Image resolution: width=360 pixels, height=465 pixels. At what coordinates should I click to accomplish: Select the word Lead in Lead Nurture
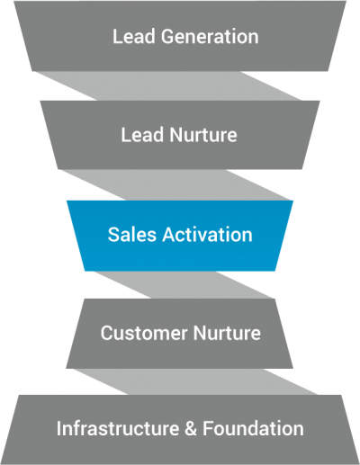click(x=139, y=135)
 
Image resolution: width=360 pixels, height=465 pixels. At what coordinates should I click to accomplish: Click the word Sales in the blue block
click(x=130, y=235)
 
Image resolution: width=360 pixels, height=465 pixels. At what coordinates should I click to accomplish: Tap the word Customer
click(x=139, y=333)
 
